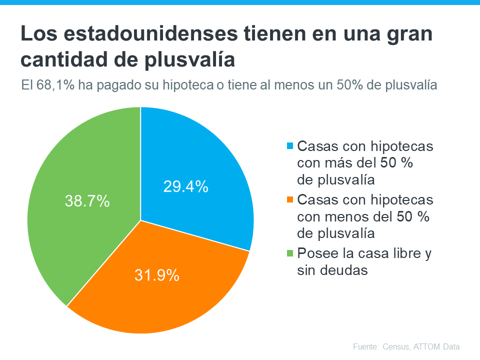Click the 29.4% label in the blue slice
tap(185, 187)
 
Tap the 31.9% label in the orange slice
tap(156, 275)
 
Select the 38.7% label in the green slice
tap(87, 201)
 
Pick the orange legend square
tap(290, 199)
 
